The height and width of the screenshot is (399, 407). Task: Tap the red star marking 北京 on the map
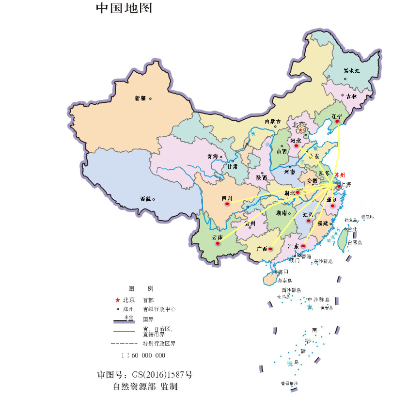pyautogui.click(x=300, y=130)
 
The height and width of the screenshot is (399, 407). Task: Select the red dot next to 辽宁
pyautogui.click(x=338, y=121)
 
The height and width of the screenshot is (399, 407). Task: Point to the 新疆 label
pyautogui.click(x=141, y=98)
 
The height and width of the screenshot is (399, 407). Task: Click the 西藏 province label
pyautogui.click(x=145, y=199)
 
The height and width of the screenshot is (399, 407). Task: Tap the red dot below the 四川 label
pyautogui.click(x=226, y=204)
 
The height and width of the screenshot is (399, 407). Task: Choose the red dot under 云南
pyautogui.click(x=218, y=243)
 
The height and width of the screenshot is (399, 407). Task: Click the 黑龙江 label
pyautogui.click(x=352, y=71)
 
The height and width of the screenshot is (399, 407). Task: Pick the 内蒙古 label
pyautogui.click(x=273, y=122)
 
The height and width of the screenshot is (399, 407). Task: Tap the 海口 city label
pyautogui.click(x=283, y=271)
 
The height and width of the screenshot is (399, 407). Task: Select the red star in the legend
pyautogui.click(x=117, y=300)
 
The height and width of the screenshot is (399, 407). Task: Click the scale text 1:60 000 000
pyautogui.click(x=143, y=355)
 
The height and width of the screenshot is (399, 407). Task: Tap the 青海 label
pyautogui.click(x=212, y=157)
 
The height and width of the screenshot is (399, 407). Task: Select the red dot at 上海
pyautogui.click(x=339, y=186)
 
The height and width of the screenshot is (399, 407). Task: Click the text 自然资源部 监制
pyautogui.click(x=145, y=386)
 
